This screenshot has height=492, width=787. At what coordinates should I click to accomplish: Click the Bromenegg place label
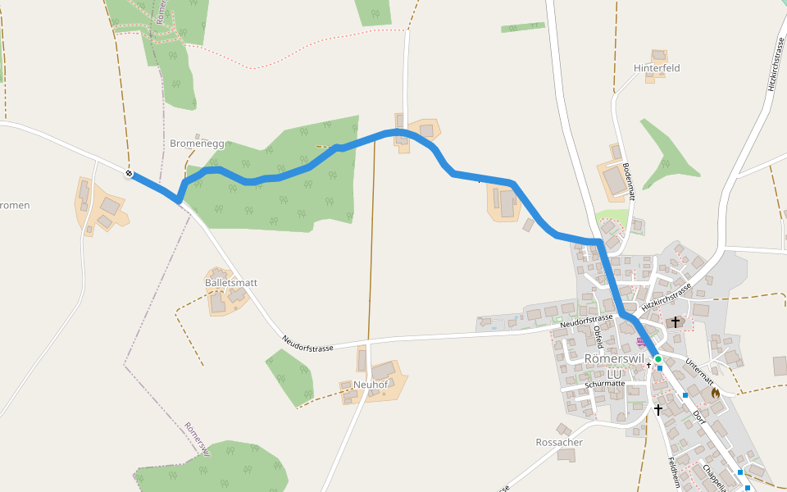point(197,143)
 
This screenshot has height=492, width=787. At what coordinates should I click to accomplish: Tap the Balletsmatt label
point(231,283)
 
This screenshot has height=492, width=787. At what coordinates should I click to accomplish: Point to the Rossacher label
point(559,443)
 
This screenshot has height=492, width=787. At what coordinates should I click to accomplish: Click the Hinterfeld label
point(657,68)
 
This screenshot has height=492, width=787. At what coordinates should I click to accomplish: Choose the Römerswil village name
point(614,359)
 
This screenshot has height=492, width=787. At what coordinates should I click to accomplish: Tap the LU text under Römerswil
point(614,374)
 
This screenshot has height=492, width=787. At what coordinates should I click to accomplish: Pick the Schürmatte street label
point(606,384)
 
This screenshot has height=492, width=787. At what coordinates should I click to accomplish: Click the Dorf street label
point(698,417)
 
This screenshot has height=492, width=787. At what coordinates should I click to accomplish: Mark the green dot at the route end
point(657,358)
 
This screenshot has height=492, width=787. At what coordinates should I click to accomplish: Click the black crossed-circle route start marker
point(129,173)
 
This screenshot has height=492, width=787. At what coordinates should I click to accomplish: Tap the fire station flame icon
point(715,394)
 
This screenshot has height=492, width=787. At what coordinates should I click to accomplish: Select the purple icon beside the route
point(640,340)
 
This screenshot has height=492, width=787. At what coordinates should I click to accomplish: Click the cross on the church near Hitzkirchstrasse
point(676,322)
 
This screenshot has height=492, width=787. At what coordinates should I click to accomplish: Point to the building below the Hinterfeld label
point(655,78)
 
